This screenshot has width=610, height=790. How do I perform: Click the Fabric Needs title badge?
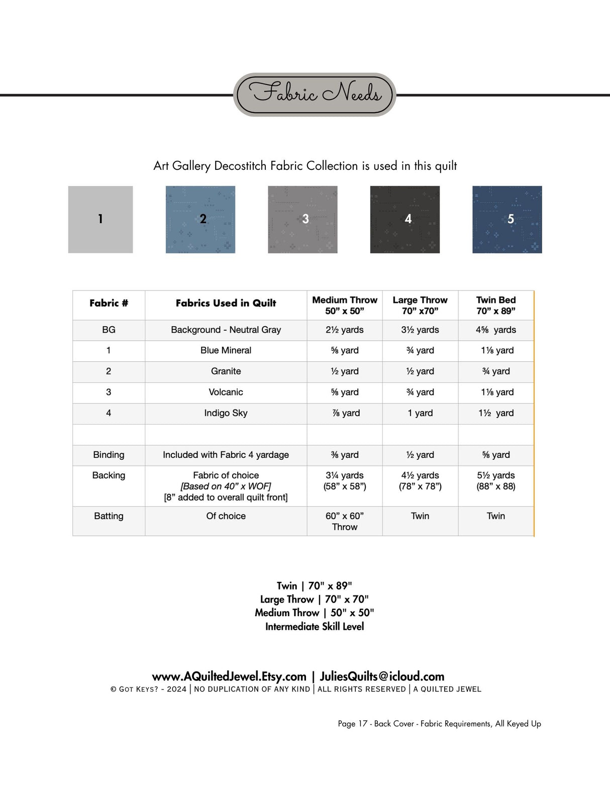coord(315,94)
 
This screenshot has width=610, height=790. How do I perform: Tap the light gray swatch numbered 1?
coord(100,220)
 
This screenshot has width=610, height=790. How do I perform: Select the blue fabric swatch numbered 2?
coord(200,220)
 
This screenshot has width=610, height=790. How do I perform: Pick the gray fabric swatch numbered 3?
coord(302,220)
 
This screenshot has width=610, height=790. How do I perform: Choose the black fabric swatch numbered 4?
coord(405,220)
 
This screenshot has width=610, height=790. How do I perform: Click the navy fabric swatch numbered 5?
coord(507,220)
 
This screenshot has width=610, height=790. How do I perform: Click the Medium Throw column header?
coord(345,305)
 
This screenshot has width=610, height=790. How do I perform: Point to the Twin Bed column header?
coord(496,305)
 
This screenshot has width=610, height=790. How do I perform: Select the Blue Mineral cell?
coord(226,350)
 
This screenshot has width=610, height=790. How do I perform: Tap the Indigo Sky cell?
coord(226,413)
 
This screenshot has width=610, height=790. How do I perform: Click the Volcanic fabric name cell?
coord(226,392)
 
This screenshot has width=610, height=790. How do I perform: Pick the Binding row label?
coord(109,455)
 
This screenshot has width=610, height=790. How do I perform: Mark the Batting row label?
coord(109,516)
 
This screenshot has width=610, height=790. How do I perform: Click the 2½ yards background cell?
coord(345,330)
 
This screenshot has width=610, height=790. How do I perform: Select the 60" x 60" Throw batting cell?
coord(345,521)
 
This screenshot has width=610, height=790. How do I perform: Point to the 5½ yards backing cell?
coord(496,480)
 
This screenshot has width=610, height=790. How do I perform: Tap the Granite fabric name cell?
coord(226,371)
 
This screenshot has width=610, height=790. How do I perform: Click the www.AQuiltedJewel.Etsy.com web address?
coord(229,676)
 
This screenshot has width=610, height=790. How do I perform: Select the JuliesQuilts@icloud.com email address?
coord(382,676)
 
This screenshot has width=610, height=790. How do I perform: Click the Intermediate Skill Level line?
coord(315,627)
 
